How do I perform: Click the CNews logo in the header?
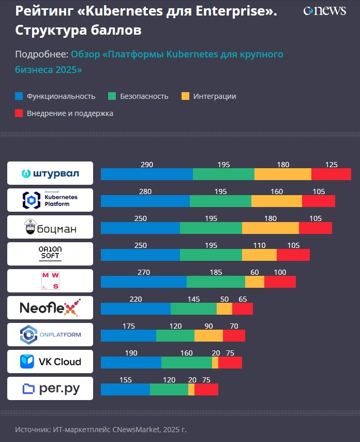click(x=324, y=11)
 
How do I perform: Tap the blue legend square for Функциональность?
click(x=19, y=96)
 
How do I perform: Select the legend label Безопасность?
click(x=144, y=96)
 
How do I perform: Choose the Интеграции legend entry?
click(x=215, y=96)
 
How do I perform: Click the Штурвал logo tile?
click(x=50, y=173)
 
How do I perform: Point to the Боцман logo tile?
click(x=50, y=227)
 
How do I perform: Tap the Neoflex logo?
click(x=50, y=307)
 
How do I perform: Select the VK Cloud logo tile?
click(x=50, y=361)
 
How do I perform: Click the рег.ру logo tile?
click(x=50, y=388)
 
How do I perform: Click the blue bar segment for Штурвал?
click(x=146, y=174)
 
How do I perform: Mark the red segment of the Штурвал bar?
click(x=331, y=174)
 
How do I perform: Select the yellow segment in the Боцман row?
click(x=270, y=228)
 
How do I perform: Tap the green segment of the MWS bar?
click(x=216, y=282)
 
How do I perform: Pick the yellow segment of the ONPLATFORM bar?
click(x=208, y=335)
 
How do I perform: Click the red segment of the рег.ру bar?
click(x=206, y=389)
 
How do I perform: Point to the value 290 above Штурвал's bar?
click(x=147, y=165)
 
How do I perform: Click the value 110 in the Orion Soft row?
click(x=259, y=245)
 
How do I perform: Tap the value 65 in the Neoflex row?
click(x=243, y=299)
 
